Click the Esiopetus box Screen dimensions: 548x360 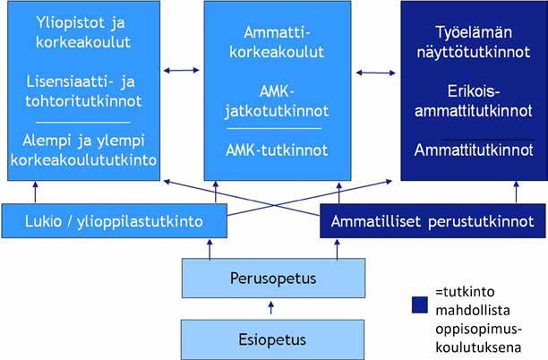[x=272, y=339]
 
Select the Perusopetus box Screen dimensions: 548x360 [x=273, y=279]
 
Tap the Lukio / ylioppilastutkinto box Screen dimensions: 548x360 [x=115, y=221]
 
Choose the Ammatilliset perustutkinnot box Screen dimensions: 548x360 [x=432, y=221]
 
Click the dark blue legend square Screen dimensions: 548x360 [x=420, y=304]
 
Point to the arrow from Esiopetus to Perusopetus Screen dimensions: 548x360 [x=270, y=308]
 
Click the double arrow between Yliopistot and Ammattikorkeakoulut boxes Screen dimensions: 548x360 [x=182, y=70]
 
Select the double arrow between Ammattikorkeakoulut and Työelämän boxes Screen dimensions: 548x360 [x=376, y=73]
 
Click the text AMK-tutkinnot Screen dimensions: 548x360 [x=277, y=150]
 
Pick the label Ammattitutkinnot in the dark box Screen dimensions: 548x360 [x=474, y=150]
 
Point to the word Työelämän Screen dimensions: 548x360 [x=474, y=32]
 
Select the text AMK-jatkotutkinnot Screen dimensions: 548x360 [x=277, y=101]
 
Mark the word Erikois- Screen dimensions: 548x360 [x=474, y=91]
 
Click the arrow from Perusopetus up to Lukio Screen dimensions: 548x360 [x=210, y=249]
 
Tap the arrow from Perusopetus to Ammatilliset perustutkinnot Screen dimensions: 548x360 [x=338, y=249]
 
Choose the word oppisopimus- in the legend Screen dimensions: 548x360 [x=478, y=330]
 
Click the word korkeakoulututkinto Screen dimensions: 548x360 [x=83, y=160]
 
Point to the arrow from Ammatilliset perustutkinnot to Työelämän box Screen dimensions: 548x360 [x=516, y=192]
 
